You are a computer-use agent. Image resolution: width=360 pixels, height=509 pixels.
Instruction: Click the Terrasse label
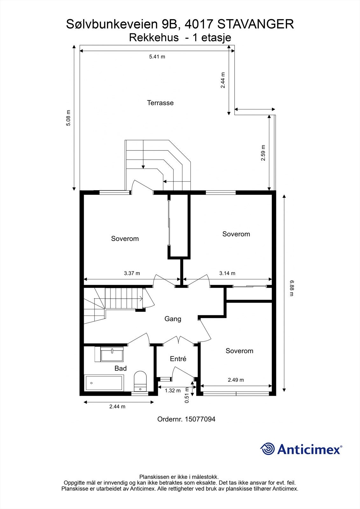click(x=160, y=103)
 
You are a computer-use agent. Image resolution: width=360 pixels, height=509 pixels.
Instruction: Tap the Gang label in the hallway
click(x=173, y=319)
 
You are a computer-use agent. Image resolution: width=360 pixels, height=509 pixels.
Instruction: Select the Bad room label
click(x=120, y=368)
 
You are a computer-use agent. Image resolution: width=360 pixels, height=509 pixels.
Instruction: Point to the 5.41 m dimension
click(x=157, y=57)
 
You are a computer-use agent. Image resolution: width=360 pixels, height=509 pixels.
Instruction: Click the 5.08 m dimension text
click(x=68, y=118)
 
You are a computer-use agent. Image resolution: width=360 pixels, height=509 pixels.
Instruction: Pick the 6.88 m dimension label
click(x=292, y=288)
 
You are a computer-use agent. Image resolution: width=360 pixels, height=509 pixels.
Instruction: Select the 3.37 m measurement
click(x=132, y=273)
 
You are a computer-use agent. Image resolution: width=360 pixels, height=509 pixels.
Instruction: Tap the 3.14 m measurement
click(x=227, y=273)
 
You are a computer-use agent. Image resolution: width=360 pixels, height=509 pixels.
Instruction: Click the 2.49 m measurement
click(x=236, y=380)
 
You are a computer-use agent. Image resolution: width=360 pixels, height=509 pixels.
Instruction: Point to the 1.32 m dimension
click(x=173, y=390)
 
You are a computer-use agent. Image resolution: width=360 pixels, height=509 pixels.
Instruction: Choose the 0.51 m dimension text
click(x=187, y=395)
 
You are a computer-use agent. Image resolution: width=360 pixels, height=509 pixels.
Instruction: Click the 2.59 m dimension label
click(x=263, y=153)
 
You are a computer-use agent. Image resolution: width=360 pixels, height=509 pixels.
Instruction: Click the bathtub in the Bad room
click(x=104, y=383)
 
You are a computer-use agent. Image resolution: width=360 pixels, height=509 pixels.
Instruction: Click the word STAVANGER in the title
click(x=256, y=24)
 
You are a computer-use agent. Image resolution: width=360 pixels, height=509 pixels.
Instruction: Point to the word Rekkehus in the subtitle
click(x=154, y=38)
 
